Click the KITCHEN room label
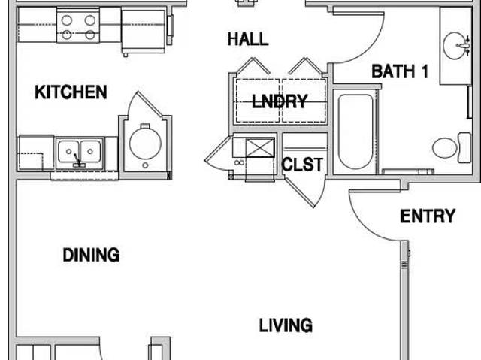point(71,92)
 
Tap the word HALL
point(248,39)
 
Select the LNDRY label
point(280,102)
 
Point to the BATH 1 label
point(400,72)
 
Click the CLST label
point(303,165)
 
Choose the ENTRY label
point(428,216)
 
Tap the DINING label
point(91,255)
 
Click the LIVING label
point(286,325)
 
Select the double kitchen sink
point(80,151)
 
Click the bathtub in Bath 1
point(355,134)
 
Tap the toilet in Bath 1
point(446,147)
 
